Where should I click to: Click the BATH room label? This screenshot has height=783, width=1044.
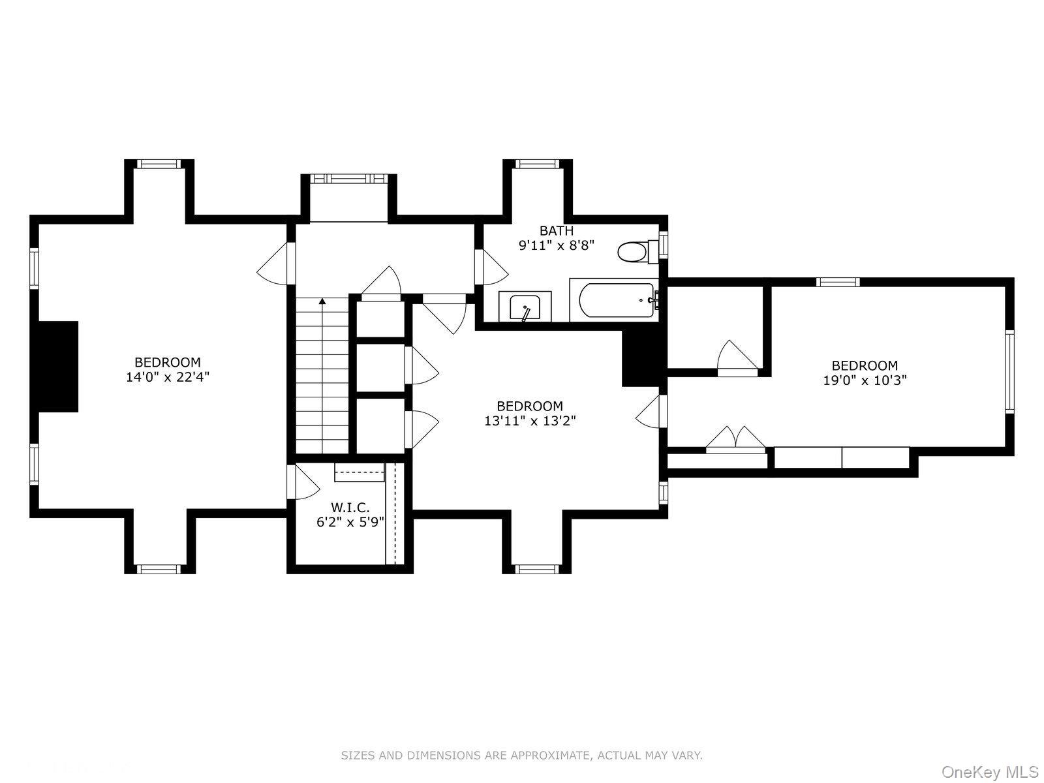pos(556,230)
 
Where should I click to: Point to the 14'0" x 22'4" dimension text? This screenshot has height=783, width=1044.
pos(168,377)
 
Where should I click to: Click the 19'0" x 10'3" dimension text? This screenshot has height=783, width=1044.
pos(865,380)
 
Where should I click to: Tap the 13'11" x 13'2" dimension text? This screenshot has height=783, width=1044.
pos(530,421)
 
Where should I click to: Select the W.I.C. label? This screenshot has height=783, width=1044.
pos(350,507)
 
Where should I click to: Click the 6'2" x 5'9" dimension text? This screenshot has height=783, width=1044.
pos(350,522)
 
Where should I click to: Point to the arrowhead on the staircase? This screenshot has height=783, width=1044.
pos(322,300)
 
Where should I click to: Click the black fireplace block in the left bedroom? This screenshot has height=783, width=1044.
pos(57,367)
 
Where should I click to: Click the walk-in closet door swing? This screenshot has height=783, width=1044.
pos(303,482)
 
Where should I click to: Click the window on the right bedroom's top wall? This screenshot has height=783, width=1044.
pos(838,282)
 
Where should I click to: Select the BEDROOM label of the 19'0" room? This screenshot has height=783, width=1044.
pos(865,365)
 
